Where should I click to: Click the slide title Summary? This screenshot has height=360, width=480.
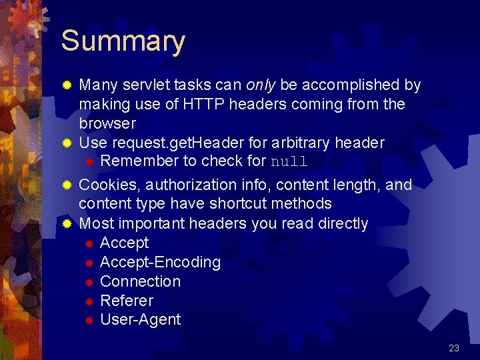[x=123, y=41]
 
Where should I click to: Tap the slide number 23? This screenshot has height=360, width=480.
[x=454, y=347]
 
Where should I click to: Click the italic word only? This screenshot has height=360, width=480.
[x=261, y=85]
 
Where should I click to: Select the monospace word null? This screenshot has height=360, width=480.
[x=289, y=162]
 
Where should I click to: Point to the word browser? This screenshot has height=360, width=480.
[x=107, y=123]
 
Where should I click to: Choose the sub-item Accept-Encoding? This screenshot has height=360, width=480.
[x=160, y=262]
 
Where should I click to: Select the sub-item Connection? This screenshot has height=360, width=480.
[x=140, y=281]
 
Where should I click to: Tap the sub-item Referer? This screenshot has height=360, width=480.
[x=127, y=301]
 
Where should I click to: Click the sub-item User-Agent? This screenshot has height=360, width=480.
[x=140, y=319]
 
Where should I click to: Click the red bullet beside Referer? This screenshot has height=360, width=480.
[x=89, y=301]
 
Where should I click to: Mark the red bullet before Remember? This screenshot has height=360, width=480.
[x=89, y=162]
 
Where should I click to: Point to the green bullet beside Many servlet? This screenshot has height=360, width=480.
[x=66, y=86]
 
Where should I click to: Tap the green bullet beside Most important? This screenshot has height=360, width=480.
[x=66, y=224]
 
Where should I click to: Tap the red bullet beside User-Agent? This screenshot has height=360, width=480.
[x=89, y=321]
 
